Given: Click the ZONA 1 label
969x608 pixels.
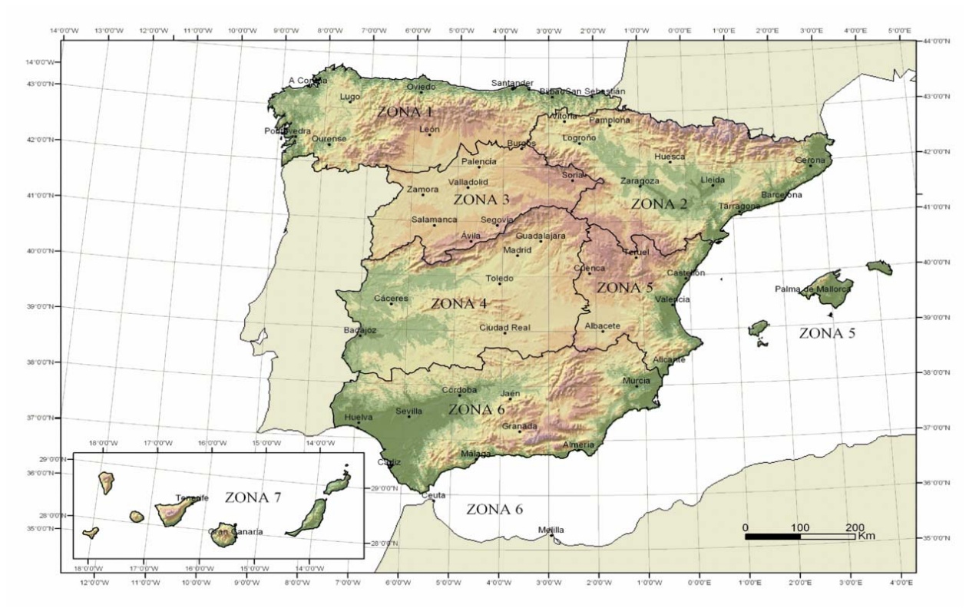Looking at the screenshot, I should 405,112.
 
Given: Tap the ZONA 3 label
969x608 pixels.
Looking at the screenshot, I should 481,200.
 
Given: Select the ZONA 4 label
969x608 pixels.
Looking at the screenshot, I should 458,303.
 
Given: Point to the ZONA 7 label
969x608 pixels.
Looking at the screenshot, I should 253,497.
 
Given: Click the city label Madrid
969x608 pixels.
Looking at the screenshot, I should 517,249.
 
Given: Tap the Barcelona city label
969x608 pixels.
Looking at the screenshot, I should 782,195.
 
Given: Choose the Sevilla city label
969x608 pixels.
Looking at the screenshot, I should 408,411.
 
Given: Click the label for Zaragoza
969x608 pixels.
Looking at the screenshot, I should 640,181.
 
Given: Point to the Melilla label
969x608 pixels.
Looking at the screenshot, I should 551,530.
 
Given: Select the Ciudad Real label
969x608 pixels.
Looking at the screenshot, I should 504,328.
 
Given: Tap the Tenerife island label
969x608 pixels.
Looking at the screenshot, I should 192,497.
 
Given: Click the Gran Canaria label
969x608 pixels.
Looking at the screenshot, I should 236,531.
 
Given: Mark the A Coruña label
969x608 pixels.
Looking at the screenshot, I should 307,80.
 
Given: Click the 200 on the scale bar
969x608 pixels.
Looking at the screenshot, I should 855,527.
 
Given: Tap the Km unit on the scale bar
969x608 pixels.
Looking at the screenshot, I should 866,536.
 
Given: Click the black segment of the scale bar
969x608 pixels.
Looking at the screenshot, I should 772,536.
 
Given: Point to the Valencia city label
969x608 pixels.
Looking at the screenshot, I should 672,299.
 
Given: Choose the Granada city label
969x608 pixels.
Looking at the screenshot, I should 520,426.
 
